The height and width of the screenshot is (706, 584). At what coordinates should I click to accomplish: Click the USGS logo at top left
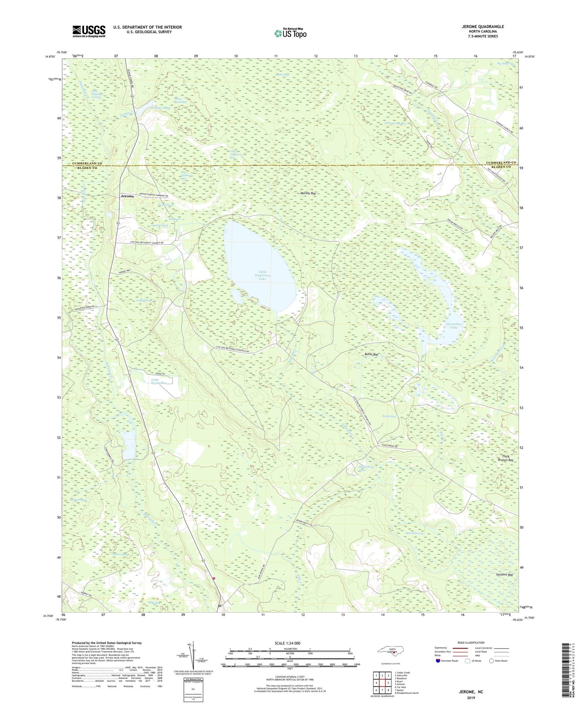click(89, 31)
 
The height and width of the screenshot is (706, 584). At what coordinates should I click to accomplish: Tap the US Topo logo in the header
click(290, 33)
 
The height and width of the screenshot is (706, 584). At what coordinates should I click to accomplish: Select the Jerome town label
click(127, 196)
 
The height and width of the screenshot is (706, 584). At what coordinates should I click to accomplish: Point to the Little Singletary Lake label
click(263, 275)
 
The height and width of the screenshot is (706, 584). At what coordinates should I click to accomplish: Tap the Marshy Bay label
click(308, 194)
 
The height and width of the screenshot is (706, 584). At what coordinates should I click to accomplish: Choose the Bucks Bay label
click(371, 354)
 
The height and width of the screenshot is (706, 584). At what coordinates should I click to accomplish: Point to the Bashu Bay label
click(389, 416)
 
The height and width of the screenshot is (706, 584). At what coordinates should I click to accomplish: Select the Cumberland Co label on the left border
click(87, 163)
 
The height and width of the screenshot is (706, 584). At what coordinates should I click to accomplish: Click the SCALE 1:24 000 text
click(287, 643)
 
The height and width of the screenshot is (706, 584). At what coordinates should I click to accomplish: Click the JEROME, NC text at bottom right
click(471, 692)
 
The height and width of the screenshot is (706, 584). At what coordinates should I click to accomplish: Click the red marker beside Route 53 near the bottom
click(214, 578)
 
